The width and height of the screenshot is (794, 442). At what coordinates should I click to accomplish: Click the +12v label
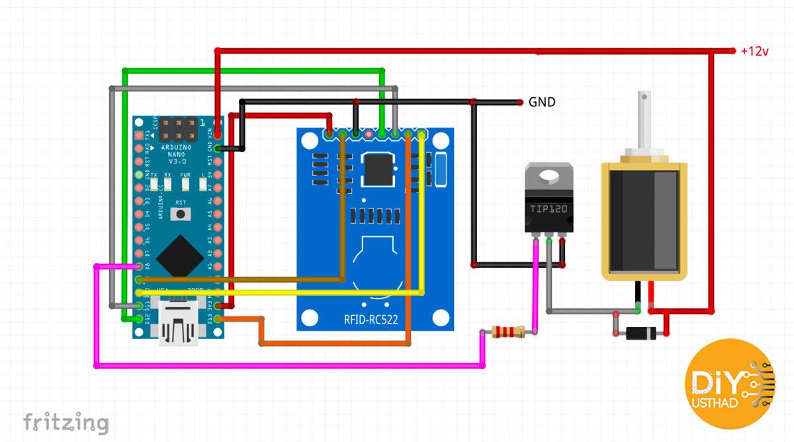pyautogui.click(x=755, y=51)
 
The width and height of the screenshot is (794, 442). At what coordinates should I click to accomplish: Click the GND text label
pyautogui.click(x=541, y=103)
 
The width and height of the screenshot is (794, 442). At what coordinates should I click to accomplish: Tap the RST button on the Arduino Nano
pyautogui.click(x=179, y=214)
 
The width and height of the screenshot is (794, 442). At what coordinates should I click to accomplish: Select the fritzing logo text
pyautogui.click(x=66, y=422)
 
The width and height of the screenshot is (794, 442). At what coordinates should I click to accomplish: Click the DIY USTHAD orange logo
pyautogui.click(x=729, y=384)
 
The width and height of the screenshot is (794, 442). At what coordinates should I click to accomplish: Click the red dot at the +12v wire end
pyautogui.click(x=732, y=51)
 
